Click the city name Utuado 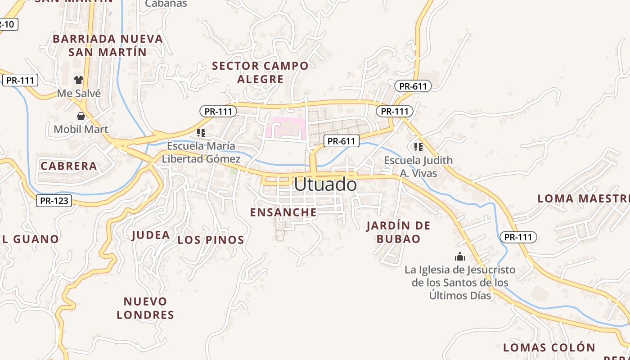click(325, 184)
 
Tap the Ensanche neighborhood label click(283, 212)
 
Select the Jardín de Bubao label click(398, 232)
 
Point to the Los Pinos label click(211, 240)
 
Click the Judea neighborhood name click(151, 235)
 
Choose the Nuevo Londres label click(145, 308)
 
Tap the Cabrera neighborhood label click(69, 166)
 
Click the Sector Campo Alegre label click(261, 72)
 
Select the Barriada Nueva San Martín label click(108, 45)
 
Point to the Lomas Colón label click(549, 347)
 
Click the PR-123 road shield click(54, 201)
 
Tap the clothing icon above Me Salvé click(79, 80)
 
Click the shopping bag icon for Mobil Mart click(81, 116)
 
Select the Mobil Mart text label click(81, 130)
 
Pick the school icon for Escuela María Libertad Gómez click(201, 133)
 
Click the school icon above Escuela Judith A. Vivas click(418, 147)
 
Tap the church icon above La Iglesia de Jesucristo click(459, 256)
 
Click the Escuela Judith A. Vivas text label click(418, 166)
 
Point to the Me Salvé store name click(79, 94)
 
